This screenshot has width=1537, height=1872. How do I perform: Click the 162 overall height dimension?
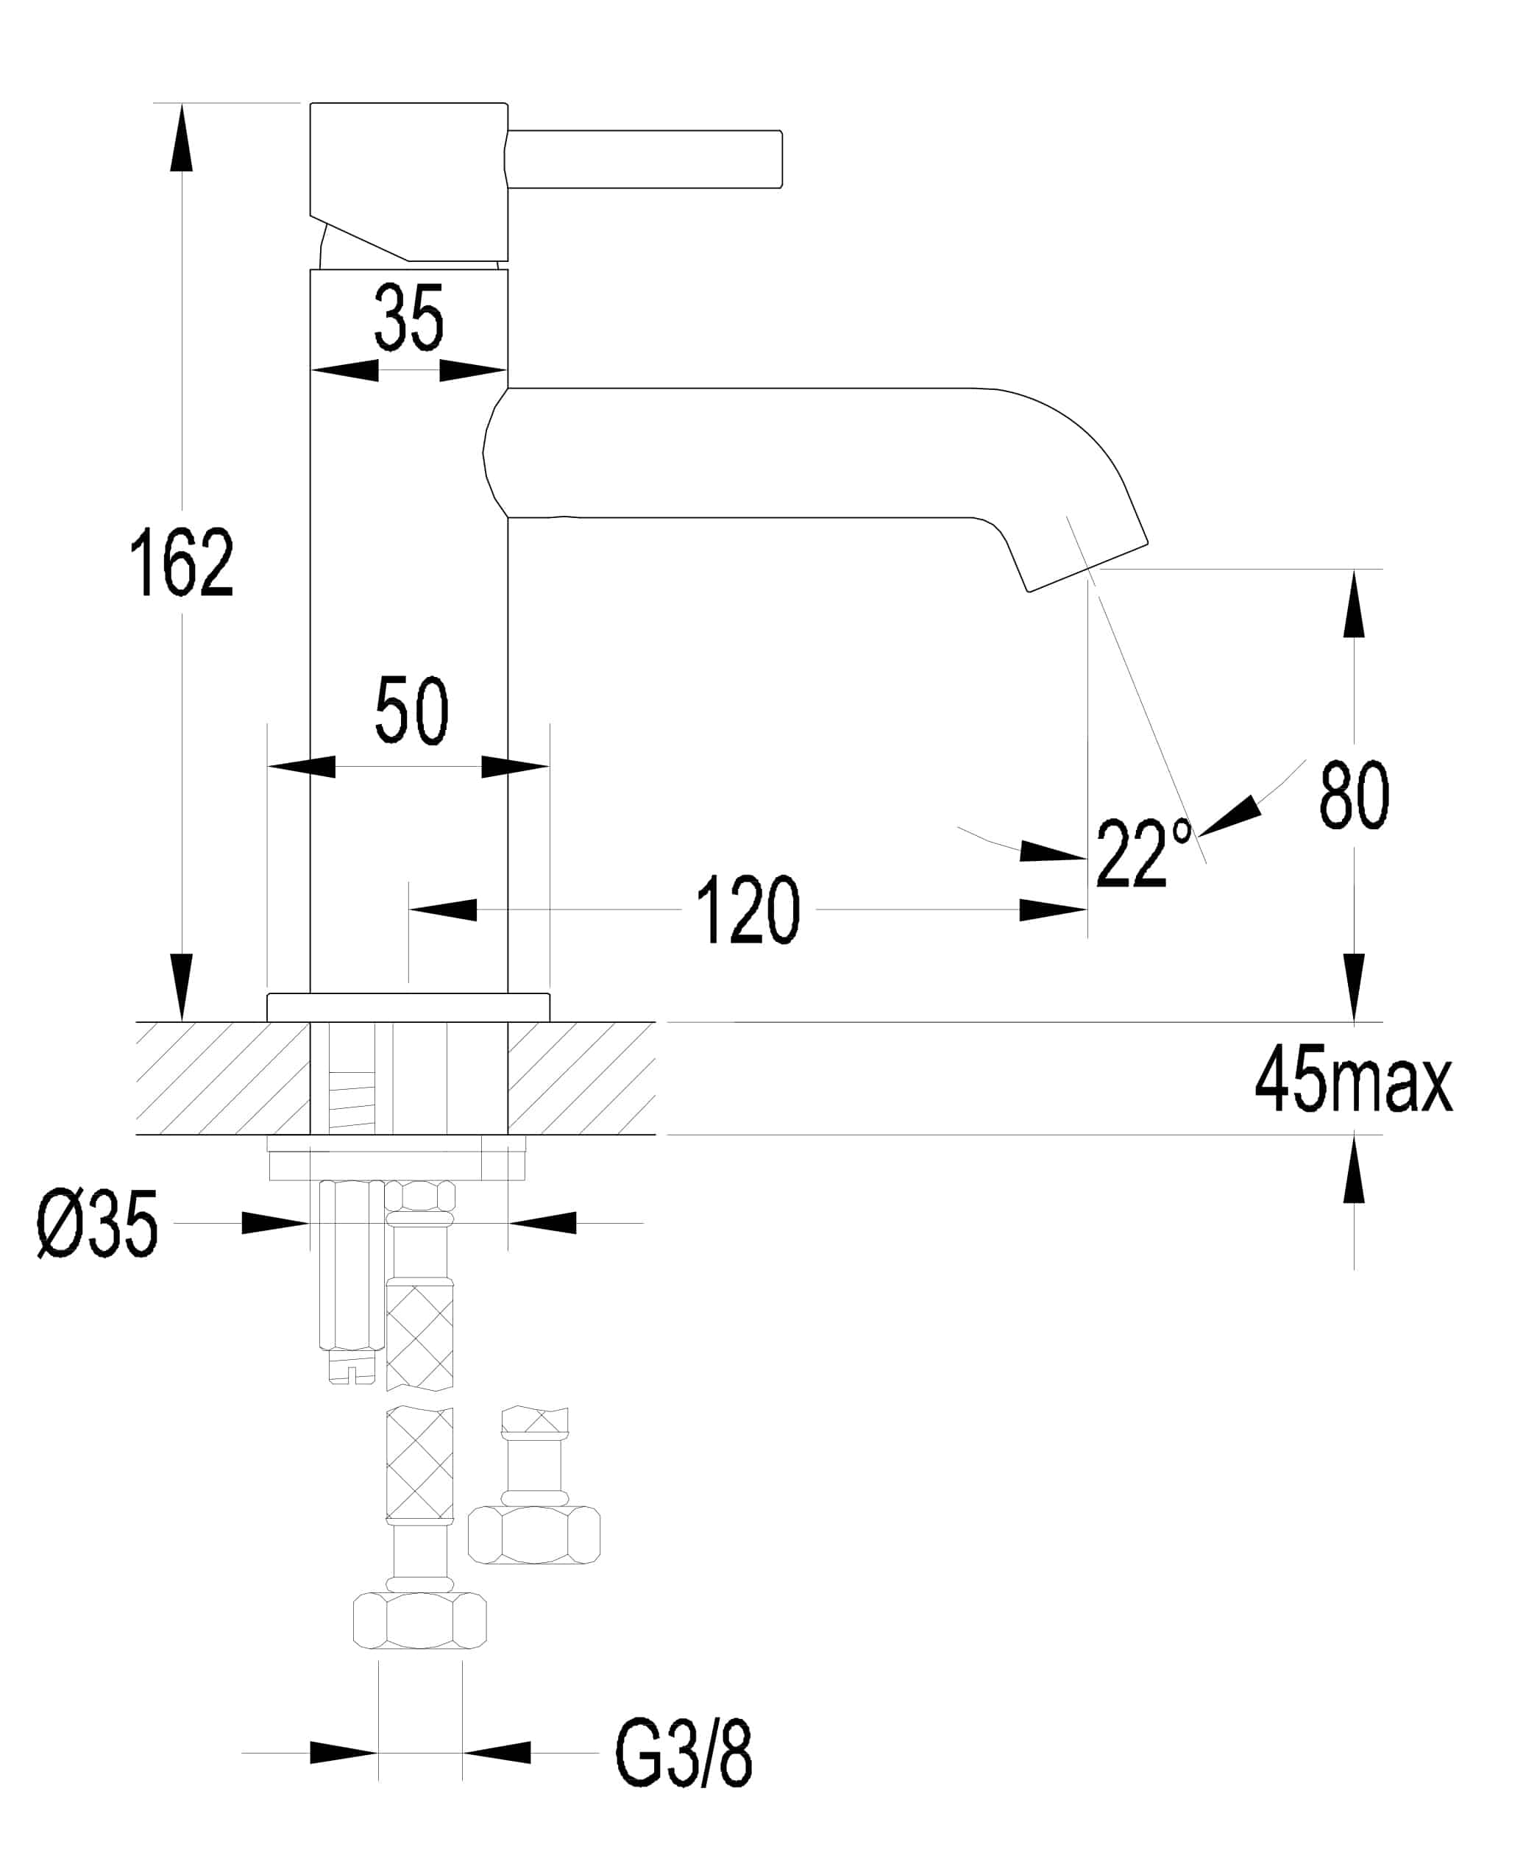pos(182,561)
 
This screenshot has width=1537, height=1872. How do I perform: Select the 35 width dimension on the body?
pos(408,318)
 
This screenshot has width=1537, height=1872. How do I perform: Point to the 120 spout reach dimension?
pos(748,910)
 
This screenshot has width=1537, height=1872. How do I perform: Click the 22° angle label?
pos(1141,854)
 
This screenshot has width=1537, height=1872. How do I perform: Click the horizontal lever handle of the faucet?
pos(645,160)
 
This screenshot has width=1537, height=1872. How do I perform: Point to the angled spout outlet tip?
pos(1088,566)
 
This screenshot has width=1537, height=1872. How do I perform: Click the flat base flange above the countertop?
pos(408,1007)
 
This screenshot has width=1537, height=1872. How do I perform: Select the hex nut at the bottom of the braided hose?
pos(419,1620)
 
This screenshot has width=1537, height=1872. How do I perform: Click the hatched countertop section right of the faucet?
pos(581,1078)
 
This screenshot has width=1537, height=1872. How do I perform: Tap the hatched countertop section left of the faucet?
pos(222,1078)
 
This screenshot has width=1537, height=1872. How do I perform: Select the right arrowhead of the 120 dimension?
pos(1054,910)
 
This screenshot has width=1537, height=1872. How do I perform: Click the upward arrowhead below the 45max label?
pos(1353,1171)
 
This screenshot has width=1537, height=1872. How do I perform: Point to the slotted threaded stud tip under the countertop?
pos(352,1369)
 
